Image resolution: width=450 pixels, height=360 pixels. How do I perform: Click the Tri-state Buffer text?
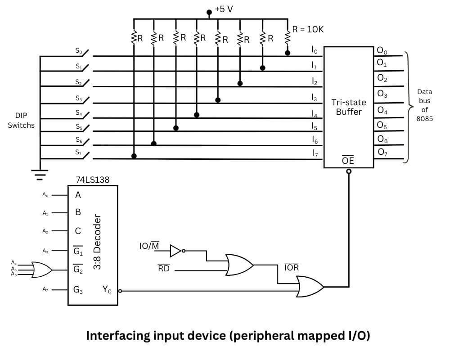pyautogui.click(x=349, y=107)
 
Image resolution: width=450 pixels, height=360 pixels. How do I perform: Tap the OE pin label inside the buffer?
pyautogui.click(x=348, y=161)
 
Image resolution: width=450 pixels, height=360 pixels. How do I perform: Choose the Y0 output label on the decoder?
pyautogui.click(x=107, y=290)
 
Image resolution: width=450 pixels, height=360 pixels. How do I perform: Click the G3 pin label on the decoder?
pyautogui.click(x=78, y=290)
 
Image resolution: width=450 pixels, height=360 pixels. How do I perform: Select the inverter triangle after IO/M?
pyautogui.click(x=176, y=251)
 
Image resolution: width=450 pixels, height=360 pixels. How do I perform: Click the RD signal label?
pyautogui.click(x=163, y=270)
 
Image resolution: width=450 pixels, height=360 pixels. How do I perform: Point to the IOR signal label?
pyautogui.click(x=292, y=268)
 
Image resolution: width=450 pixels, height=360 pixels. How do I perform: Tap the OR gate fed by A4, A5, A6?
pyautogui.click(x=42, y=270)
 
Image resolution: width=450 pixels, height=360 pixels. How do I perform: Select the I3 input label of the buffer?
pyautogui.click(x=315, y=96)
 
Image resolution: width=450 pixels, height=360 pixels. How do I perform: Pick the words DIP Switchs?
pyautogui.click(x=21, y=120)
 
